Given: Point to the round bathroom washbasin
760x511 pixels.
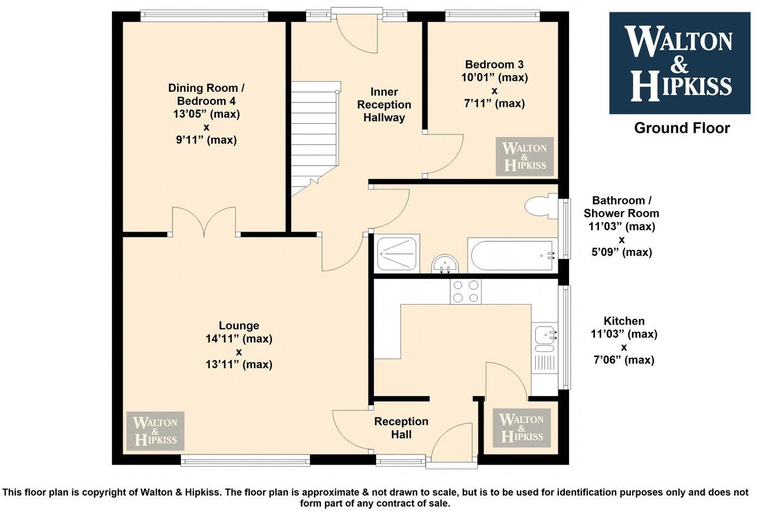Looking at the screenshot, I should tap(444, 264).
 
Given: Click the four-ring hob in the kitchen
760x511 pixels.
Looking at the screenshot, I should tap(466, 291).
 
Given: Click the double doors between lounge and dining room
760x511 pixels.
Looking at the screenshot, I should tap(205, 222).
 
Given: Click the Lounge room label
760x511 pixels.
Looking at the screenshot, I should tap(239, 325).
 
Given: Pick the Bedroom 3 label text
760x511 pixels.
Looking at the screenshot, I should tap(494, 64).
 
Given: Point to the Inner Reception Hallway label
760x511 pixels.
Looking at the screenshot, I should tap(384, 105).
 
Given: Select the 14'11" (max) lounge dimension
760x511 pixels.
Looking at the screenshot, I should tap(239, 338).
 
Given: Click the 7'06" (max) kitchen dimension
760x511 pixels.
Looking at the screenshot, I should tap(624, 360).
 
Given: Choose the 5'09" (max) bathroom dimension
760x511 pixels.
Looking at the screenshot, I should tap(621, 252).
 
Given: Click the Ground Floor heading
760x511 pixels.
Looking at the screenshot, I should tap(682, 128).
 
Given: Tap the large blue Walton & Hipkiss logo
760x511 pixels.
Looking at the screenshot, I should tap(679, 63).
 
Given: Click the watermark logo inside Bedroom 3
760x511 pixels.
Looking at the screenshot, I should tap(524, 156).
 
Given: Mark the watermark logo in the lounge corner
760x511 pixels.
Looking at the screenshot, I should tap(155, 431).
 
